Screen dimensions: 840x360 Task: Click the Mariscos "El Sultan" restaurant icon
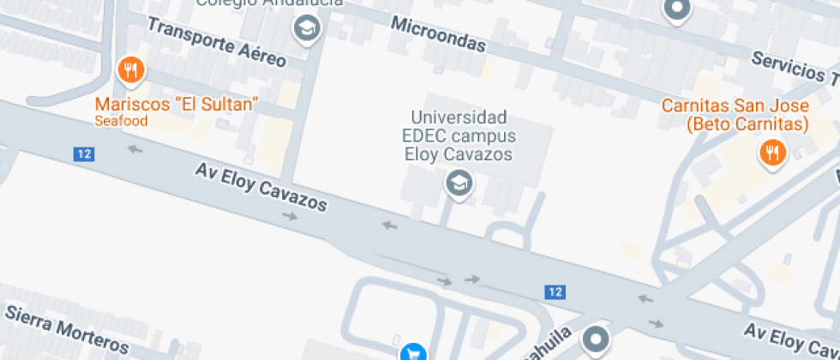pyautogui.click(x=129, y=71)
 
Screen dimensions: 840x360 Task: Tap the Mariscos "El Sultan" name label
pyautogui.click(x=177, y=105)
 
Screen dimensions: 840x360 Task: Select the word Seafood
pyautogui.click(x=121, y=121)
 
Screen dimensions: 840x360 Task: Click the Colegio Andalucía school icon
pyautogui.click(x=305, y=29)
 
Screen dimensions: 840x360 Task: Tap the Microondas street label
pyautogui.click(x=438, y=34)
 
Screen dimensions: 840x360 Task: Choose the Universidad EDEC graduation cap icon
pyautogui.click(x=459, y=183)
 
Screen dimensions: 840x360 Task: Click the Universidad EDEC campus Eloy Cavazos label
pyautogui.click(x=459, y=135)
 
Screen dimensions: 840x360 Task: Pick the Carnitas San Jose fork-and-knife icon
pyautogui.click(x=772, y=153)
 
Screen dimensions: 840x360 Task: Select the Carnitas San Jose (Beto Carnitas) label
pyautogui.click(x=735, y=115)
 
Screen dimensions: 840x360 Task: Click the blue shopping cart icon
pyautogui.click(x=412, y=351)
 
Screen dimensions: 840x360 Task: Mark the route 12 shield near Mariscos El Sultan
pyautogui.click(x=83, y=154)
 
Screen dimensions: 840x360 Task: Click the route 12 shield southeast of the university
pyautogui.click(x=555, y=291)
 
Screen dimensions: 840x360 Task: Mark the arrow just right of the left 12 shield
pyautogui.click(x=135, y=151)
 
